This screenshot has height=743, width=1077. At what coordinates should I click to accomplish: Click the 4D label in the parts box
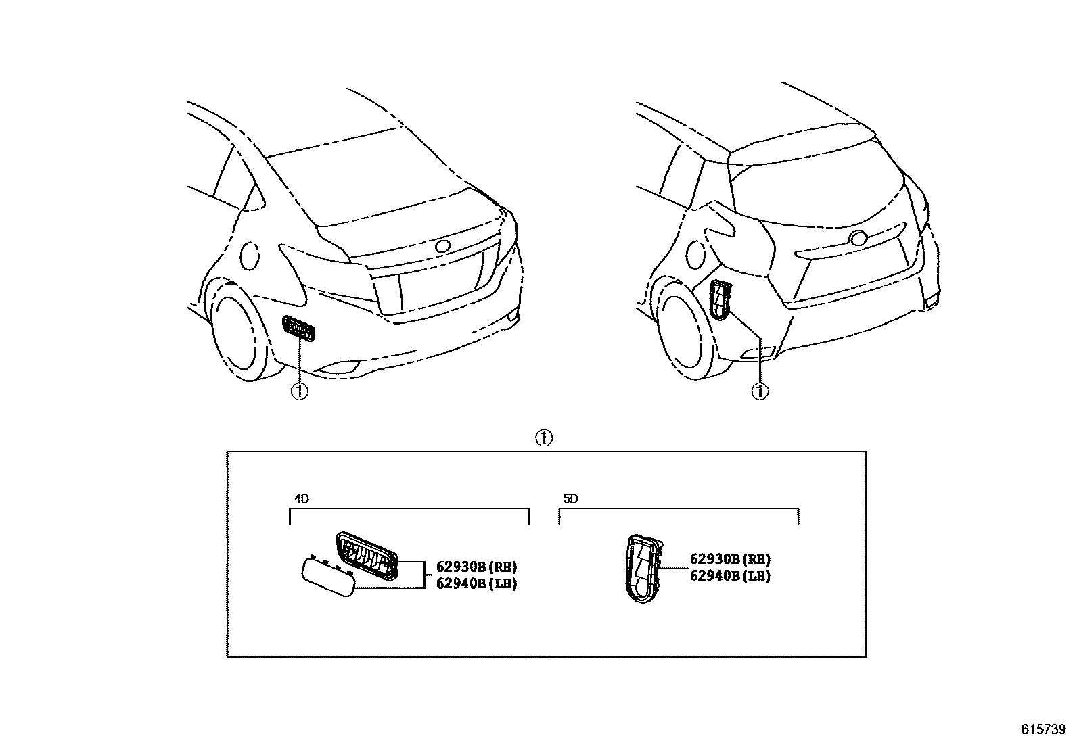302,499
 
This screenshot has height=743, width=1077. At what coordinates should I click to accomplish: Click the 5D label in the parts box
571,499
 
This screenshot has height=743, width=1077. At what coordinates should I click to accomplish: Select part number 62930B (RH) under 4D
476,567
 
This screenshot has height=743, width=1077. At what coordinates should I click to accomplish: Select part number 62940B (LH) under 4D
476,583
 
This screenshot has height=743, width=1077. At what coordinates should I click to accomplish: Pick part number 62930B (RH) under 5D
730,559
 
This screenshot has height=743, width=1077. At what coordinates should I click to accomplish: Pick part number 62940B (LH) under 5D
730,576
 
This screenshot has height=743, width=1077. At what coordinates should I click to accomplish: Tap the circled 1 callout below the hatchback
761,391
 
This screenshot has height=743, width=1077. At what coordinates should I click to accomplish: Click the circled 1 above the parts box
545,438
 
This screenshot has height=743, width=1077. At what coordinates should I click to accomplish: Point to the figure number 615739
1043,730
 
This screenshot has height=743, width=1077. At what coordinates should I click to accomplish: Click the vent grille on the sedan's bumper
298,329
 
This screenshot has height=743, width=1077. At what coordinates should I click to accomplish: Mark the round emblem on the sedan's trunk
443,247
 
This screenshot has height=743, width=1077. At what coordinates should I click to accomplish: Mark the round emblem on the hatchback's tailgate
858,238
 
